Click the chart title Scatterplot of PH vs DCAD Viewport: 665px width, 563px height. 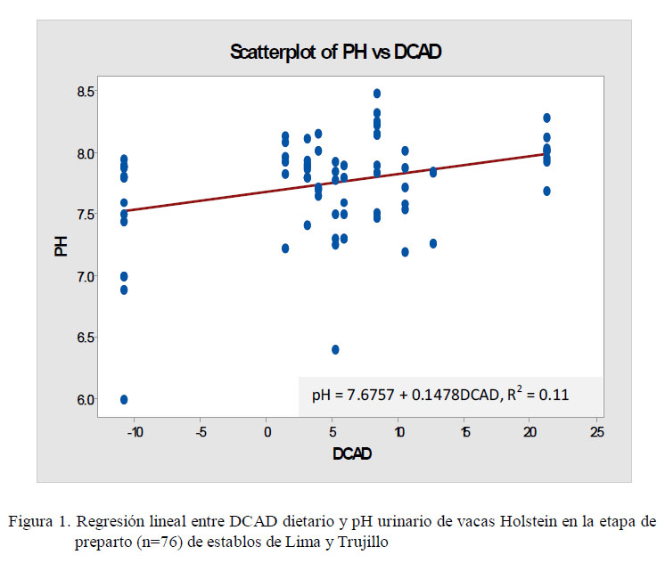336,52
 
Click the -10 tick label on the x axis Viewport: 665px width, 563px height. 134,432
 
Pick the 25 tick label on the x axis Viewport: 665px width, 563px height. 596,432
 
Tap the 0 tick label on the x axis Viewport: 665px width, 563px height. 267,432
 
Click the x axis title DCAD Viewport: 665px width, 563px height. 352,453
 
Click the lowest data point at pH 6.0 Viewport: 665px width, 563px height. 124,399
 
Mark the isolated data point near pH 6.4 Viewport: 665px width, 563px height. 335,349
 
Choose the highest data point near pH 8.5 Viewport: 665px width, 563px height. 377,94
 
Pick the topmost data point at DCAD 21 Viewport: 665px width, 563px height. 546,118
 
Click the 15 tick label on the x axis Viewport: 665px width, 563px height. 465,432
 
